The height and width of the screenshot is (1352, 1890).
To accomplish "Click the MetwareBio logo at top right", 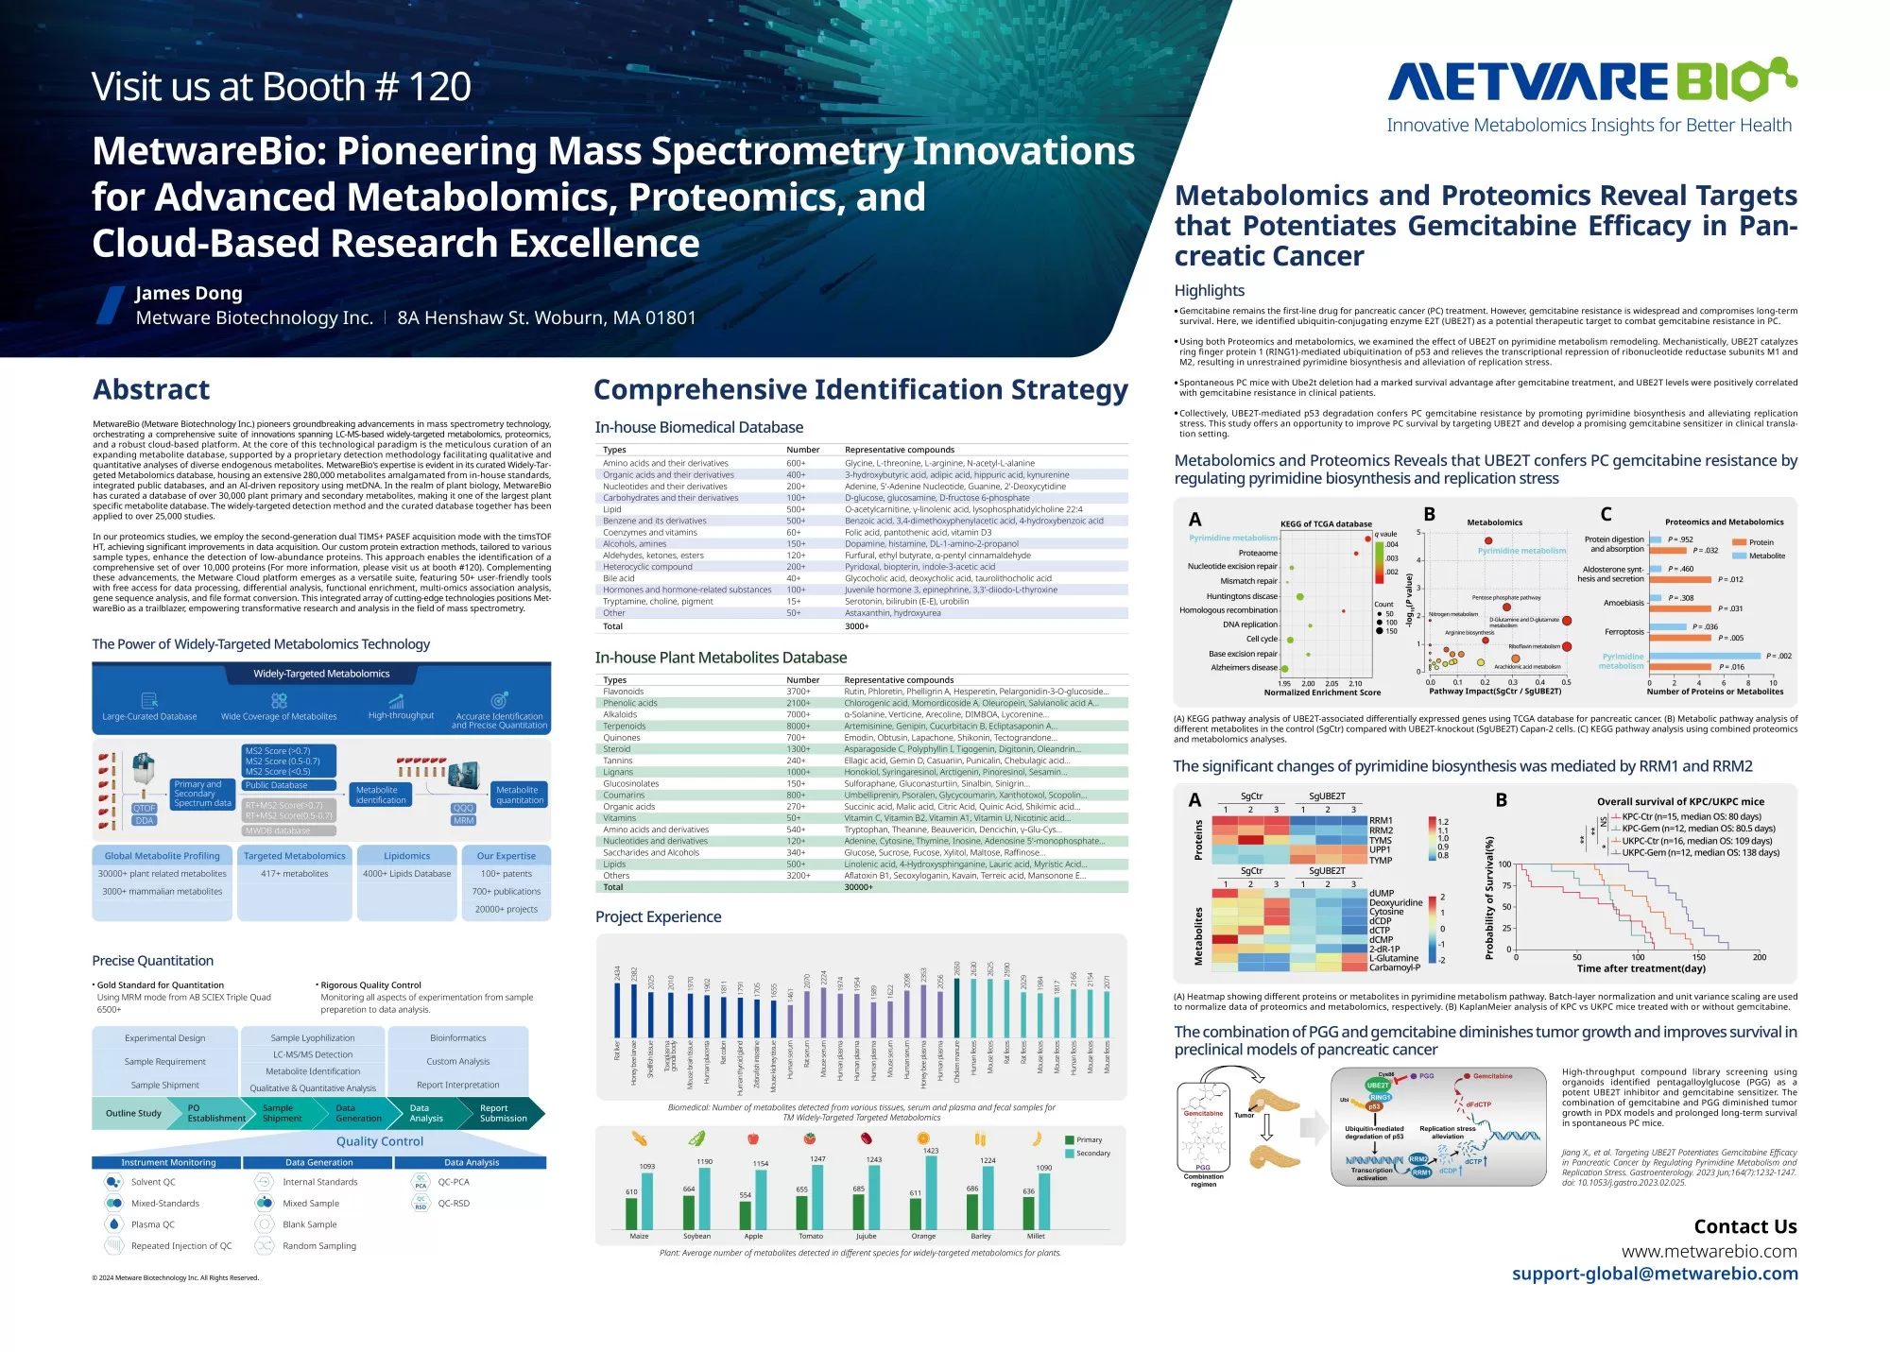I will [1591, 81].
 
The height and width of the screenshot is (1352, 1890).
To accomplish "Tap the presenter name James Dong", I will [189, 293].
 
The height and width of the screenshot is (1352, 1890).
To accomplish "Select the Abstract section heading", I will [151, 389].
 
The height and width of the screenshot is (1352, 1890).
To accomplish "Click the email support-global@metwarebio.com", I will [1655, 1274].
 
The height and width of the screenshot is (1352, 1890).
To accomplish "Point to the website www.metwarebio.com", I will [1709, 1251].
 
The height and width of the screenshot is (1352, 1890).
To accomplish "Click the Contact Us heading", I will [1744, 1226].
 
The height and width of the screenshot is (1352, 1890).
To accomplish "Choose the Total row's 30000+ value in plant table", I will [858, 887].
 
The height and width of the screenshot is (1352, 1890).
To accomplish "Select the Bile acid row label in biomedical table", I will [619, 578].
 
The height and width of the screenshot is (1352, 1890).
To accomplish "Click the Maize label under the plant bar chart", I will [639, 1236].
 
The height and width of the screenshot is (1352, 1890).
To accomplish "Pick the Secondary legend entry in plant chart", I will [1092, 1154].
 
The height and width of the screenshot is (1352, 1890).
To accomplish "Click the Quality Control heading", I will [380, 1141].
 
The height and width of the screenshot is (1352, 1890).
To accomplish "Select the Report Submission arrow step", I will [503, 1114].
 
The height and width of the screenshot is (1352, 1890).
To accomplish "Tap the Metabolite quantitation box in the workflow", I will [520, 795].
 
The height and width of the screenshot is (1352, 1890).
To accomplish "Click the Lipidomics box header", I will [406, 856].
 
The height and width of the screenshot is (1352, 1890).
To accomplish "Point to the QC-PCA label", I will [454, 1182].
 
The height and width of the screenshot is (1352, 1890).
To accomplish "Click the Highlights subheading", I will [1209, 291].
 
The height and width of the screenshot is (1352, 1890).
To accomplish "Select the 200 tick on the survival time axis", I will [1760, 957].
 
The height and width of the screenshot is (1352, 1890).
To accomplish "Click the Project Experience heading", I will [658, 916].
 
